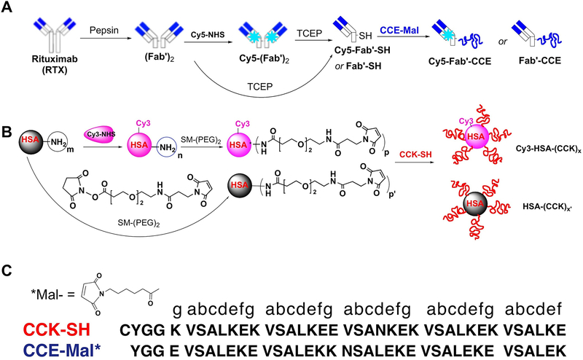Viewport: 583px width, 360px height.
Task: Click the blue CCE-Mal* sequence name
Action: pos(50,348)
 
